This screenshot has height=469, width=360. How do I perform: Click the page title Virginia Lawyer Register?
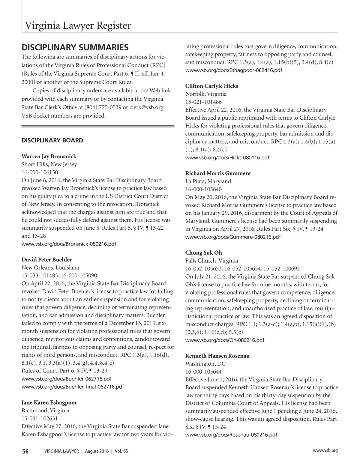click(x=78, y=26)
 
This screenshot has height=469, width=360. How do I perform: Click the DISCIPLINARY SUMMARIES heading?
click(x=75, y=47)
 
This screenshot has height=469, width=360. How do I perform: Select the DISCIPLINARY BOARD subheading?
click(x=52, y=140)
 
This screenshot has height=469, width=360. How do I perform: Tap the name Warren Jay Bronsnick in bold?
click(x=49, y=156)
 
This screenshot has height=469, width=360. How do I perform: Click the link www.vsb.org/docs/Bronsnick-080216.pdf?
click(x=69, y=244)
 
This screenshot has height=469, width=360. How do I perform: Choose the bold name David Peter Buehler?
click(x=46, y=259)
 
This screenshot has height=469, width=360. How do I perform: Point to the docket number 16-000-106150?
click(x=40, y=172)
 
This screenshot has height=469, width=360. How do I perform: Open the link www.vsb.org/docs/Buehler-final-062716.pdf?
click(x=73, y=387)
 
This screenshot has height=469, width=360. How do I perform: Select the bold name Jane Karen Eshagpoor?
click(x=49, y=402)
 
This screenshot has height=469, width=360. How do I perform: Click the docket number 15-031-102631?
click(x=40, y=418)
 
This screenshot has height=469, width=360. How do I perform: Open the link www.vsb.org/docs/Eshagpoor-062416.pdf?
click(x=234, y=70)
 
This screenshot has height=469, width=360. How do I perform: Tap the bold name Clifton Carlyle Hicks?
click(x=211, y=86)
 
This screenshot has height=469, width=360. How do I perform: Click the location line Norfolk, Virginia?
click(x=206, y=94)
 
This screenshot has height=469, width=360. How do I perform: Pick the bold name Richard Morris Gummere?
click(x=218, y=173)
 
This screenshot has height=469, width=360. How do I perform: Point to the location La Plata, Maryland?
click(x=208, y=181)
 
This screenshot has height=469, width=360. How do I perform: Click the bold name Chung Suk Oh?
click(x=203, y=252)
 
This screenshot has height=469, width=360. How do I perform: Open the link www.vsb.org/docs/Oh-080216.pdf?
click(x=225, y=340)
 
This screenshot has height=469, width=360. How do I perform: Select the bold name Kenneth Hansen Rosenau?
click(x=217, y=356)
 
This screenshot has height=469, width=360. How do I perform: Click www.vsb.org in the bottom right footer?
click(x=325, y=450)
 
